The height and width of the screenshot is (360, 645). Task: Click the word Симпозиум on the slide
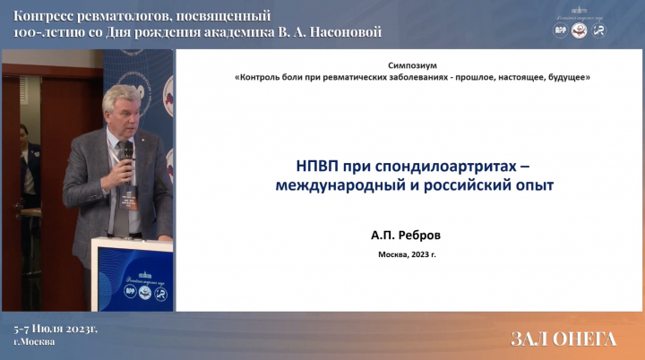tap(412, 65)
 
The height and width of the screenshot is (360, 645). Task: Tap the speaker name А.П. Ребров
tap(406, 236)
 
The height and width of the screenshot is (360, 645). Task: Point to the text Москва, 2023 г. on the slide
tap(407, 254)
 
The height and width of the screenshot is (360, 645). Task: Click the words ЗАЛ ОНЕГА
tap(563, 339)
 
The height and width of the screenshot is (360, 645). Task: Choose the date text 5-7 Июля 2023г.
tap(56, 330)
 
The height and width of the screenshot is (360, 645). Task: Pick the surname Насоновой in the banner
tap(346, 31)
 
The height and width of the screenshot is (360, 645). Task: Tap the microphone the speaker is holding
tap(127, 157)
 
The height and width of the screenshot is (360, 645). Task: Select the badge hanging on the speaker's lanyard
tap(128, 197)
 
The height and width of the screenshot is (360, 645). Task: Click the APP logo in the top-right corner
tap(560, 30)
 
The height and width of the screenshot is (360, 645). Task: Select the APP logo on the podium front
tap(131, 291)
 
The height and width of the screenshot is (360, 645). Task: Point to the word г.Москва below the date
tap(34, 341)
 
